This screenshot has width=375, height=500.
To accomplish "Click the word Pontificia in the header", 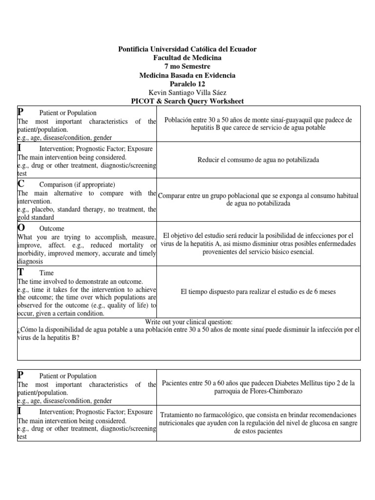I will [136, 49].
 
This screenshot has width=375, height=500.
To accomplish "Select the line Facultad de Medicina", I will [187, 58].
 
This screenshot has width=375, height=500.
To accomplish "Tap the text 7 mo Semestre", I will [187, 67].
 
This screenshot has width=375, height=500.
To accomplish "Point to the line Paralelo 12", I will [187, 84].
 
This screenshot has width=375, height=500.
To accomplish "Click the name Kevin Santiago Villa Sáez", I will [187, 93].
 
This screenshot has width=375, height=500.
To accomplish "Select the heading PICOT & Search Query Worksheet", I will [187, 101].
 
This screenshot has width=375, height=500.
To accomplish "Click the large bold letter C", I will [21, 184].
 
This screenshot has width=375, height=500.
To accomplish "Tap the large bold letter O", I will [21, 228].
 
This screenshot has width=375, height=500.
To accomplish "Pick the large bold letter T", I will [21, 272].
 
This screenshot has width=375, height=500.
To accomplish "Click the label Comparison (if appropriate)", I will [77, 185].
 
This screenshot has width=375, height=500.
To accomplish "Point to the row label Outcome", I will [51, 229].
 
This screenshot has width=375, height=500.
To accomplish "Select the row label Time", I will [46, 273].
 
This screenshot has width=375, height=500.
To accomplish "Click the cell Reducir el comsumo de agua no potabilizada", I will [258, 160].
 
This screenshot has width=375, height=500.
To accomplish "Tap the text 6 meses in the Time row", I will [324, 292].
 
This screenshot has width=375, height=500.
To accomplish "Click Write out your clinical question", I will [189, 322].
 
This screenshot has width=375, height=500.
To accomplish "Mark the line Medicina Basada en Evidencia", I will [187, 75].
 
